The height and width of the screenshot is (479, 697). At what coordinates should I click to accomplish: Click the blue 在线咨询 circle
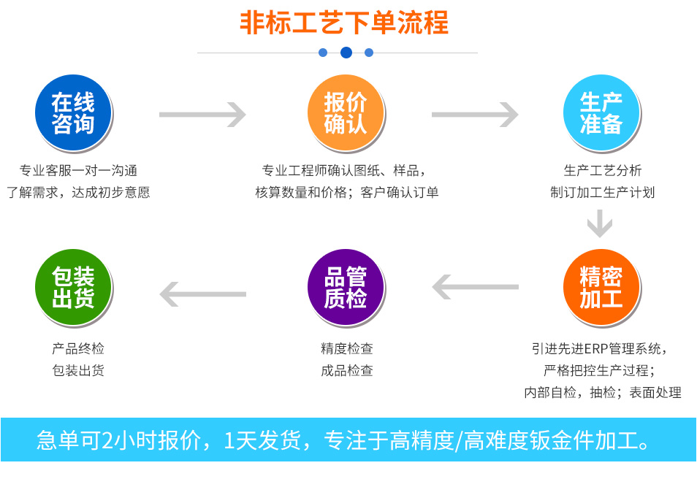73,113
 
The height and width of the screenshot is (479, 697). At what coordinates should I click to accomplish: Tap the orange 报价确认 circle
346,113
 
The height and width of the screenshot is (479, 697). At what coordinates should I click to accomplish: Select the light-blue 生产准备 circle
601,113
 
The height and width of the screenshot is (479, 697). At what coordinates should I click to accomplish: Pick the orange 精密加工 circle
601,288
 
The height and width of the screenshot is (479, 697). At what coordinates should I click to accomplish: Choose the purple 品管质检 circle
346,288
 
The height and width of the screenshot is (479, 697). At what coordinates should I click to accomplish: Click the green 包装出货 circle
73,288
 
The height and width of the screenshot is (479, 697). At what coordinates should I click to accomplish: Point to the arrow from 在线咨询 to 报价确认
202,115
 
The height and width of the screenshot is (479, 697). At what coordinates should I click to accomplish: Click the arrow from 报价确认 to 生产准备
475,115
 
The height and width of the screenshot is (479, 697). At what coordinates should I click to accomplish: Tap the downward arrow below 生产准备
601,223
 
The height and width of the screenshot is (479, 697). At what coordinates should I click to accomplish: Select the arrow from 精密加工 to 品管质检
475,287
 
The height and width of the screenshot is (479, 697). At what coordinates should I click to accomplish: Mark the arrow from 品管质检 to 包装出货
202,294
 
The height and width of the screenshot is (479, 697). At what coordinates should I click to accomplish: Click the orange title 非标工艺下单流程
344,23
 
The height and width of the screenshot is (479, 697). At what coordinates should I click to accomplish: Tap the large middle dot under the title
346,53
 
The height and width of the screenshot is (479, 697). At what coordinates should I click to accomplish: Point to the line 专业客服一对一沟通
78,171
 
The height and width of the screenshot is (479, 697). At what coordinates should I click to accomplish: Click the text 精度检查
346,348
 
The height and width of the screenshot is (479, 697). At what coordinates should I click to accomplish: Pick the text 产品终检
78,348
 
